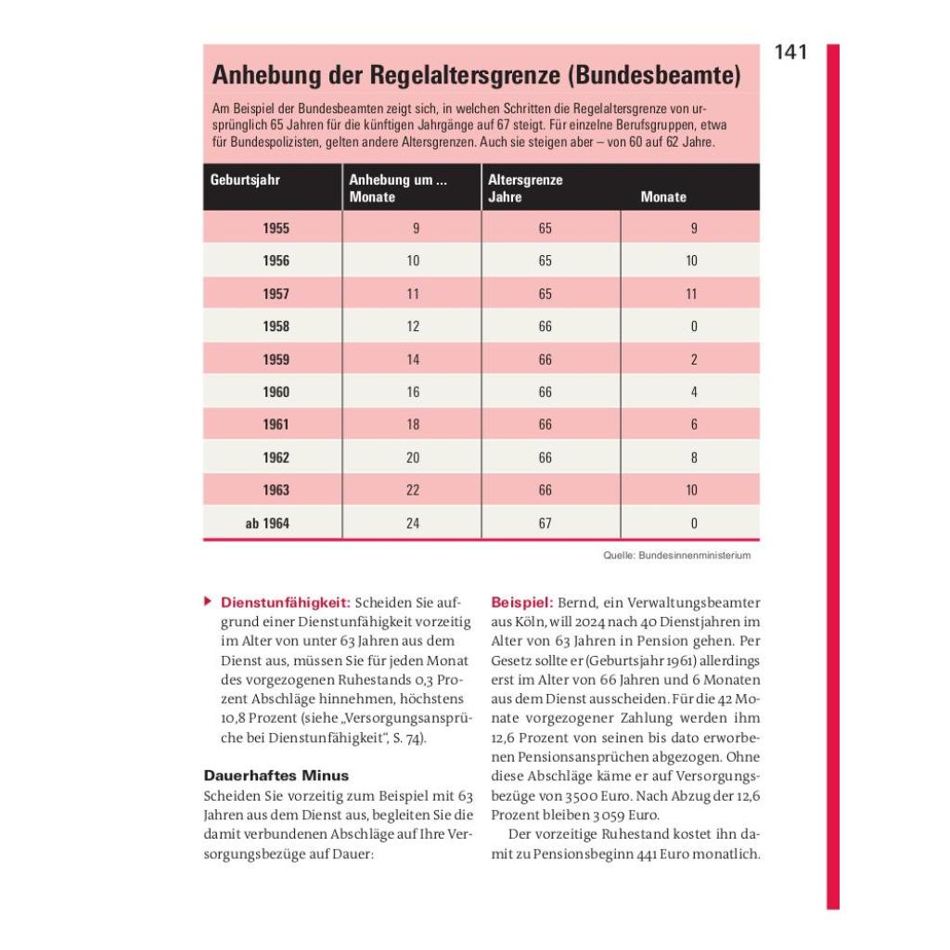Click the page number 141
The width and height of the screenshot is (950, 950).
(x=790, y=53)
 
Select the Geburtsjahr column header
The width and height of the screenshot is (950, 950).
(x=245, y=181)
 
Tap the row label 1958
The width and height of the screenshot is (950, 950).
(x=276, y=327)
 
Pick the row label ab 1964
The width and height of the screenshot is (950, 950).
(x=267, y=523)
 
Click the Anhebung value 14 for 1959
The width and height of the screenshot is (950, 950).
(x=413, y=359)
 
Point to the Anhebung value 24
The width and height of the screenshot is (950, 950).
(x=413, y=523)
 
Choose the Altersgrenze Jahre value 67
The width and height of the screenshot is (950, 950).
(x=545, y=523)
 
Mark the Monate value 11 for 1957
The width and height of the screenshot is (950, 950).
(x=691, y=294)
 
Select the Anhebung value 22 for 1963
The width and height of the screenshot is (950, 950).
(x=413, y=490)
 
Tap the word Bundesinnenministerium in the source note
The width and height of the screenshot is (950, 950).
(x=695, y=556)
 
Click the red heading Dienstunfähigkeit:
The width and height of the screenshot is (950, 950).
(x=285, y=602)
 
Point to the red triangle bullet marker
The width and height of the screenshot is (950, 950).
(x=207, y=601)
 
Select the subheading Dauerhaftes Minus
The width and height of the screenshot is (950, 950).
(x=276, y=775)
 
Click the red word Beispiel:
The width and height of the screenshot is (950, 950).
(x=522, y=602)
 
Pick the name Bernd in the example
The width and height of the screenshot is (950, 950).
(x=578, y=602)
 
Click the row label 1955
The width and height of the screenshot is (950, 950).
(x=276, y=228)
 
